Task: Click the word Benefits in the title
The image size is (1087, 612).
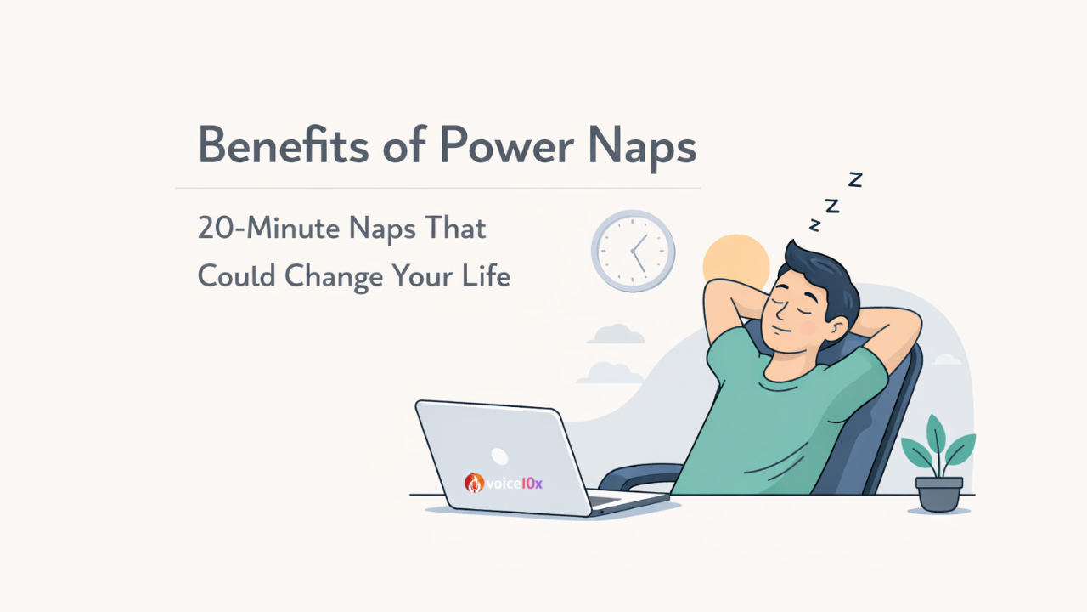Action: click(283, 145)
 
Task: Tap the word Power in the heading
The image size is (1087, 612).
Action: click(507, 145)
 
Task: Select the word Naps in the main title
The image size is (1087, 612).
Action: click(643, 148)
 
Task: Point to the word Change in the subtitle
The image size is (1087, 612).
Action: click(334, 277)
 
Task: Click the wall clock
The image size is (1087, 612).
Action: click(634, 251)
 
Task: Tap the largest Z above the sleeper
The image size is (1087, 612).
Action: click(855, 179)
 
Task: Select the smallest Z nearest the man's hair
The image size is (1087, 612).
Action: click(814, 225)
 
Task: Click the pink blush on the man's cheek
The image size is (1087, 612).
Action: click(808, 328)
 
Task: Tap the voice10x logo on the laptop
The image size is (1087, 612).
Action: click(504, 484)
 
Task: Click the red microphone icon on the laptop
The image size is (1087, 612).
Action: click(474, 484)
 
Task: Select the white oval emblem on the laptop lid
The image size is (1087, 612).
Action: click(499, 456)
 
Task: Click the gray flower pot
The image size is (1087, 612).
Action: click(939, 494)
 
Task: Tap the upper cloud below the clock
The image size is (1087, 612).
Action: click(616, 334)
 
